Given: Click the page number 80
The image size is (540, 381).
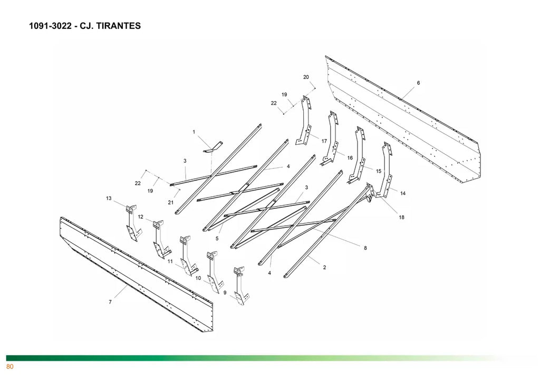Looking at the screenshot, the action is pos(9,367).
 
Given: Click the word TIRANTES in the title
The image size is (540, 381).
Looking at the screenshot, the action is pos(117,26).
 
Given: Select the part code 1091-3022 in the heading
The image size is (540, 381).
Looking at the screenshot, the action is pos(51,26).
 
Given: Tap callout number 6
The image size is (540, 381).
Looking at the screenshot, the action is pos(418,83).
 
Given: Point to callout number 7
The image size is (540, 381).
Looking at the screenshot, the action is pos(110,302).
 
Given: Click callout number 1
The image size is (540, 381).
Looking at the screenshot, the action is pos(194,132).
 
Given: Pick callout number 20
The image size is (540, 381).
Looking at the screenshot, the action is pos(306,77).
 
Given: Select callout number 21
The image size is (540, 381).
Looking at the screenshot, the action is pos(170,203).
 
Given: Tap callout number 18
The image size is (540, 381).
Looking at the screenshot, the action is pos(401,217).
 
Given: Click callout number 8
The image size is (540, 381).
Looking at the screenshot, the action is pos(365,248).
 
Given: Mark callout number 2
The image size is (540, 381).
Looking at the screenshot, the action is pos(324,267).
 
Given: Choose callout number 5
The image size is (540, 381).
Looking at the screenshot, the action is pos(217,238).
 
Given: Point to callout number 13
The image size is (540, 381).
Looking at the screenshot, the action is pos(109,198).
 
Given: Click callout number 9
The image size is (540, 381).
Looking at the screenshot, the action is pos(225,293).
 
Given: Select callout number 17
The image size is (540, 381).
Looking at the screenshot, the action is pos(324,141).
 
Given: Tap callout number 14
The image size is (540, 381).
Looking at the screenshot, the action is pos(403,194).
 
